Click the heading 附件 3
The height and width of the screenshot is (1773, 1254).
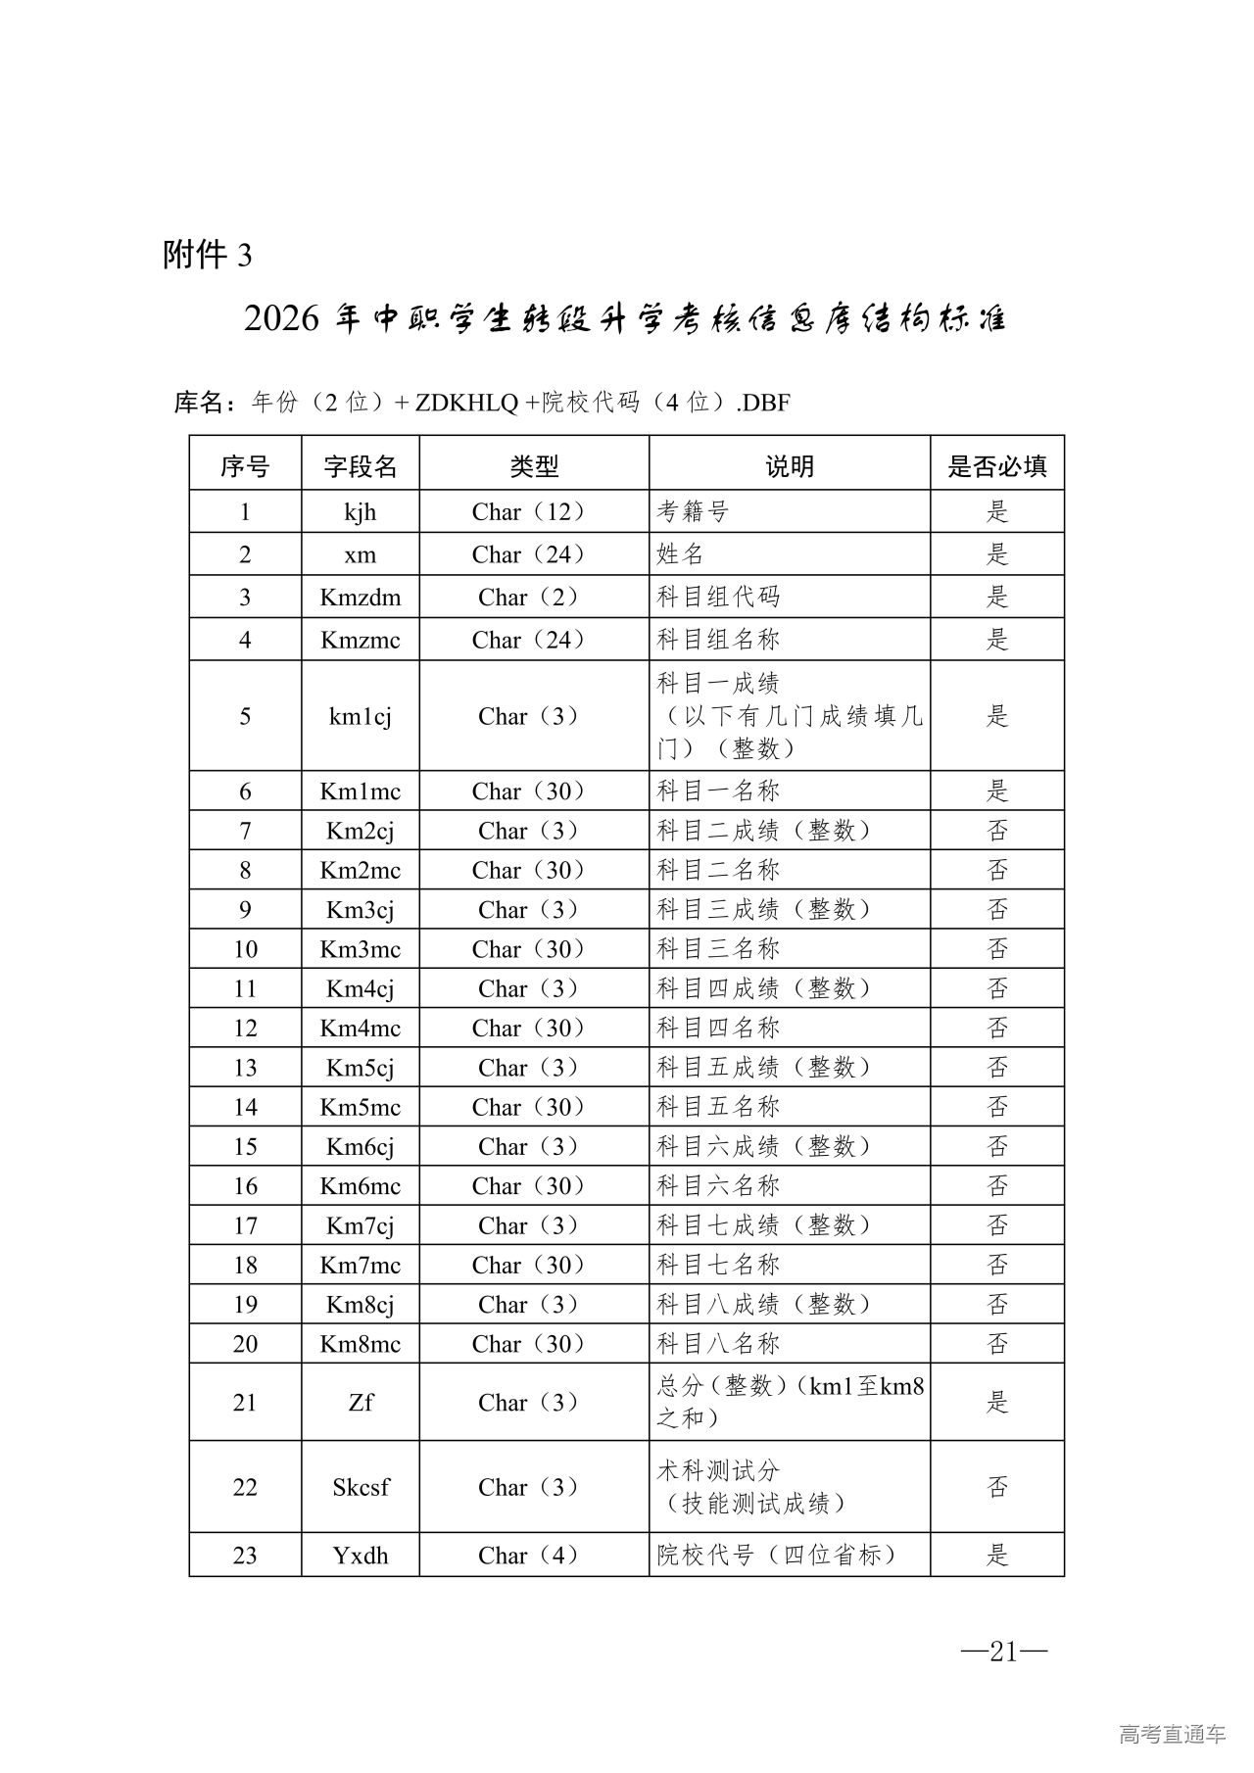pos(207,255)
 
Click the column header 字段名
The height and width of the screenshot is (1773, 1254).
pos(361,466)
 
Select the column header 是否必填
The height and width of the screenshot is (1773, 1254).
pos(996,466)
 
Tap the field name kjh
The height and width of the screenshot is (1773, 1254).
pos(361,511)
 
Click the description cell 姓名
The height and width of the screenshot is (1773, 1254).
pos(681,554)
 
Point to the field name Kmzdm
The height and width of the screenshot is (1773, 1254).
pos(361,597)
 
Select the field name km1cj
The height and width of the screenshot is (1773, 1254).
pos(361,716)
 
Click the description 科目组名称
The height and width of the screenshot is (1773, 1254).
pos(718,640)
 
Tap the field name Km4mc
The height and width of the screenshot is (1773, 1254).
pos(361,1028)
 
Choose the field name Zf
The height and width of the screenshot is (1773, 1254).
pos(361,1402)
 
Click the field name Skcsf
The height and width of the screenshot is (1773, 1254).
pos(361,1487)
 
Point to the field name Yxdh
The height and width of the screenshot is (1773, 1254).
pos(361,1555)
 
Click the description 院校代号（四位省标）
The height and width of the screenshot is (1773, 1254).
pos(777,1555)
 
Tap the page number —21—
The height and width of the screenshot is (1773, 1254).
pos(1004,1652)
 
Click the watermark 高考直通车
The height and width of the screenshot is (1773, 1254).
pos(1172,1734)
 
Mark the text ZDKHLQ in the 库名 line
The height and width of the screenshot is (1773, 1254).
pos(466,402)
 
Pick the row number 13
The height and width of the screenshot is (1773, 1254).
pos(245,1068)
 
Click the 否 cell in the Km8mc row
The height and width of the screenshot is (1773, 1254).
pos(996,1343)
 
